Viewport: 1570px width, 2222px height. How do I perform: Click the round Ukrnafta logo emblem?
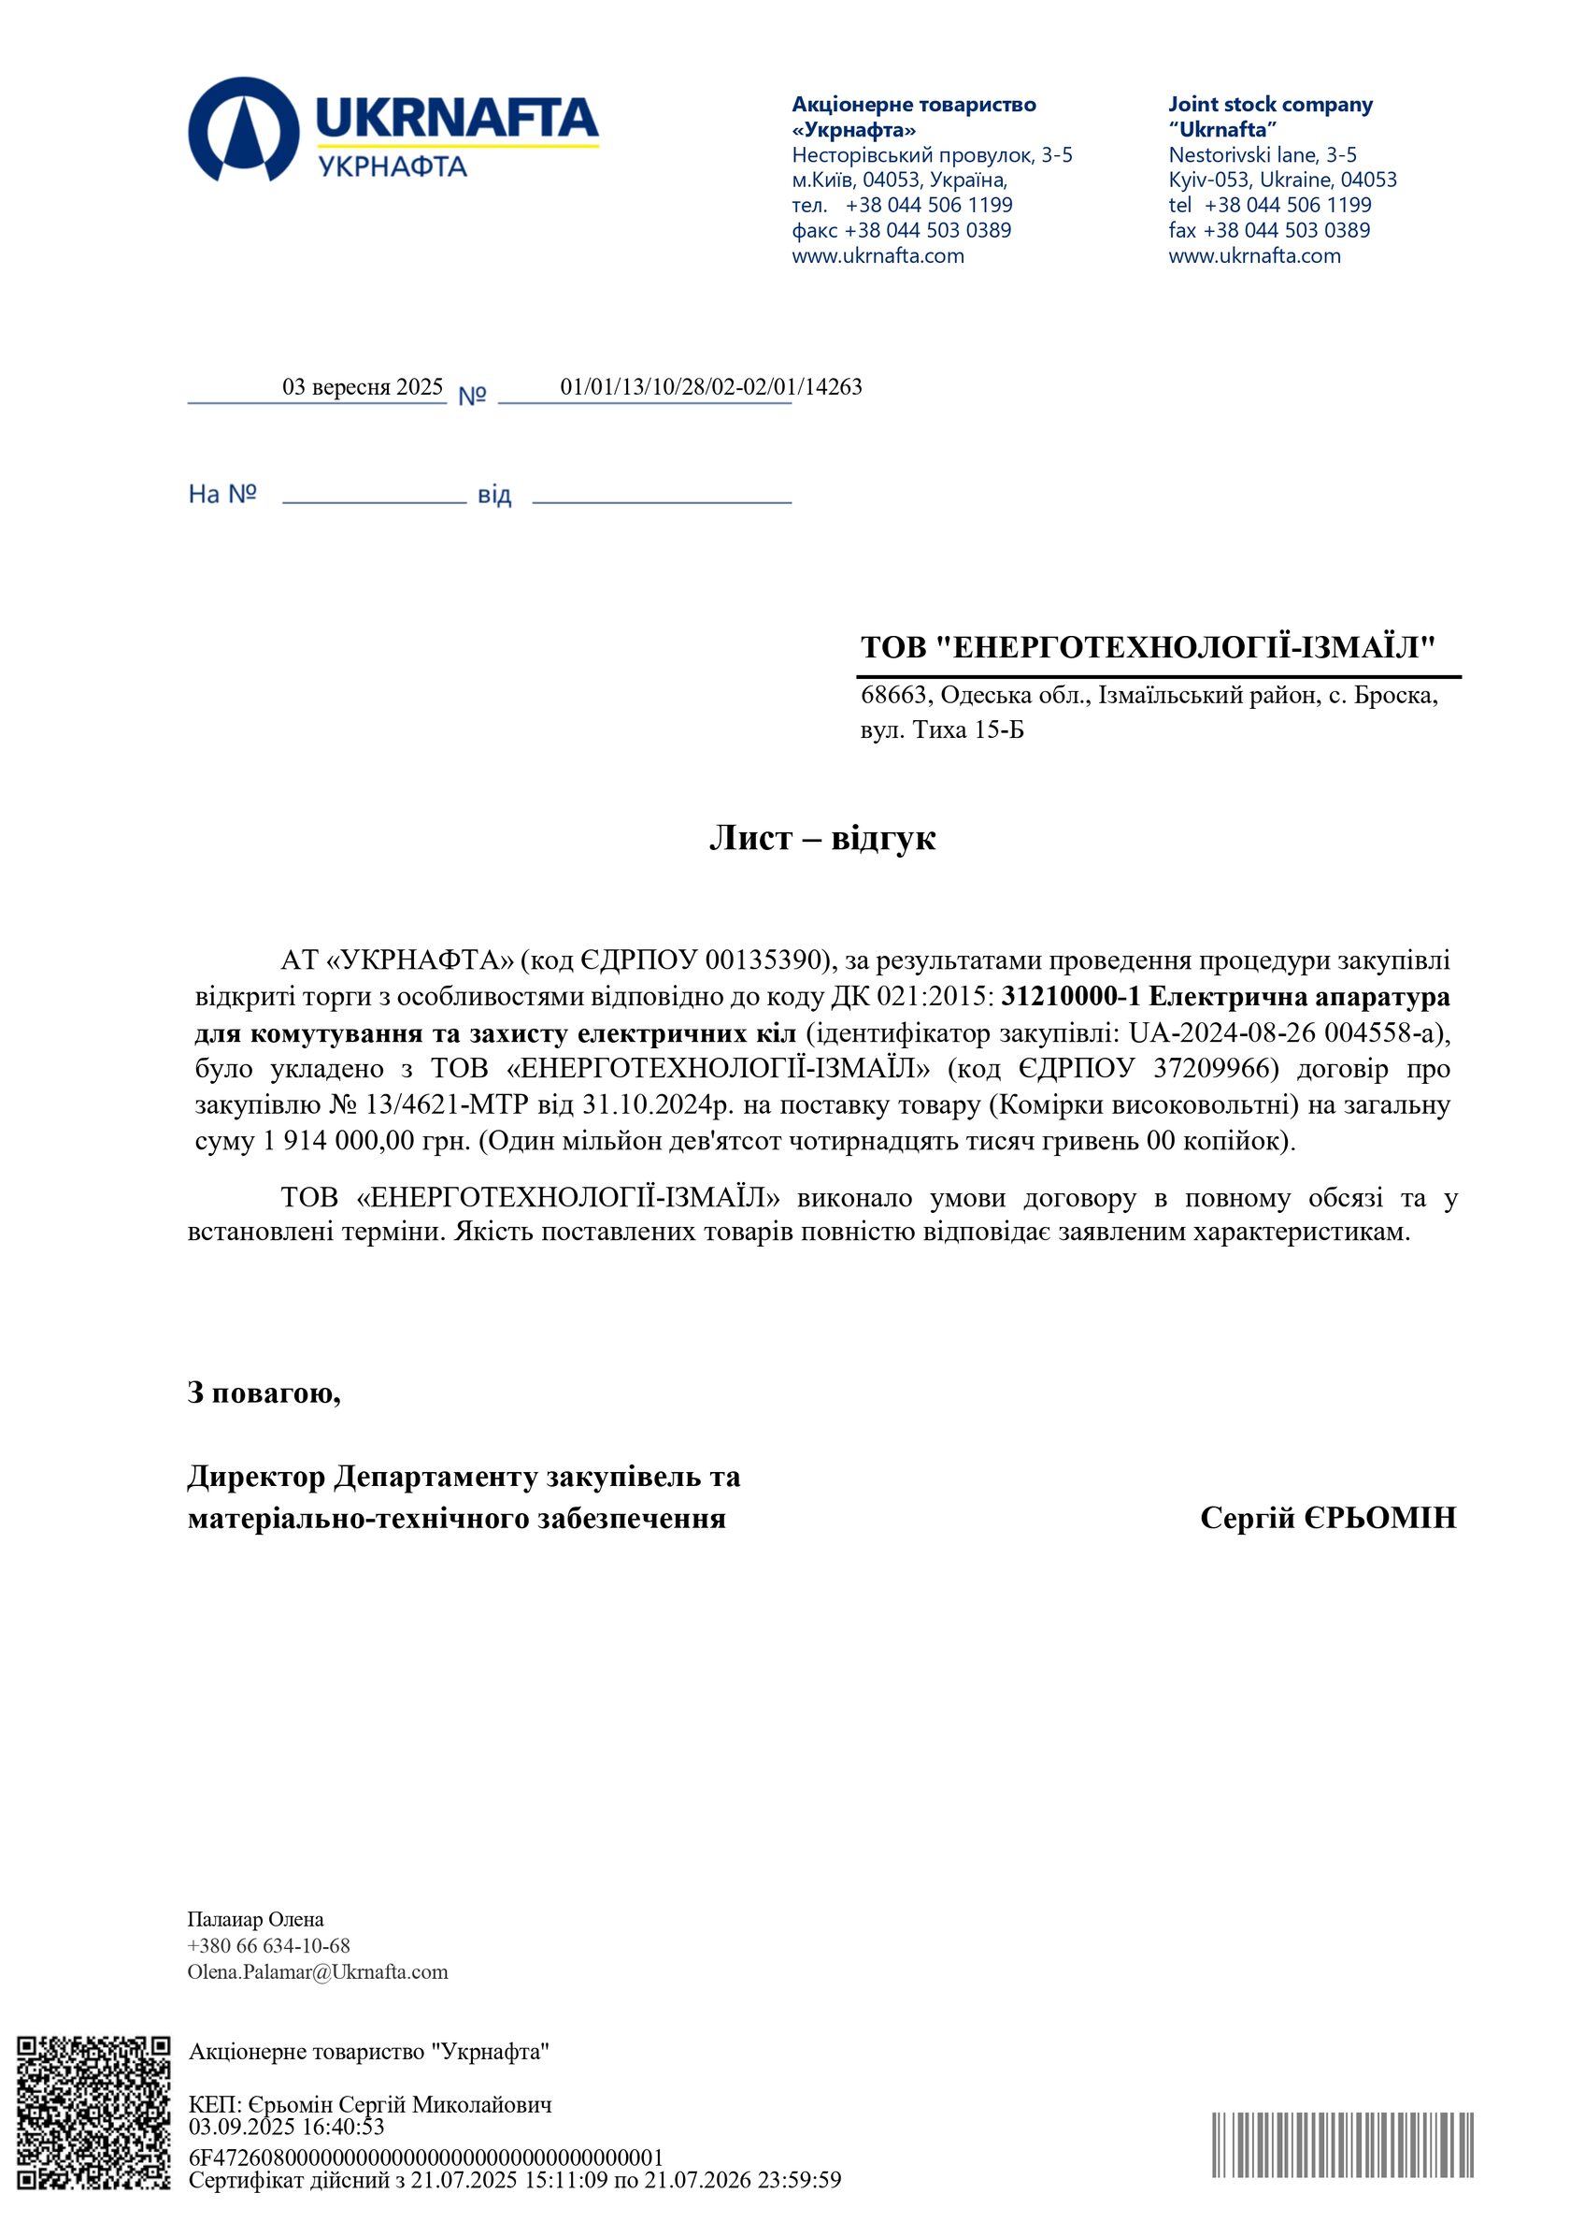[244, 130]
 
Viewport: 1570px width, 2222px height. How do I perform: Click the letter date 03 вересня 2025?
[362, 387]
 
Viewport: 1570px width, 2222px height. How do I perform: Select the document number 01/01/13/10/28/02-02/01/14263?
[710, 387]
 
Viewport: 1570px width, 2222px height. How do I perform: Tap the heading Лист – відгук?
[822, 838]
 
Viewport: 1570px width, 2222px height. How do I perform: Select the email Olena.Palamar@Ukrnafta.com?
[318, 1971]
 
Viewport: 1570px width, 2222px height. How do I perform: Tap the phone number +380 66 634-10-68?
[268, 1945]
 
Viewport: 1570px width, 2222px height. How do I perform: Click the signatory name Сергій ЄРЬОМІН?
[1327, 1518]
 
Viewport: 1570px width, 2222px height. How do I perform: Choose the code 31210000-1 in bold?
[1070, 996]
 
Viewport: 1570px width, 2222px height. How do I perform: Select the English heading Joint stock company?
[1269, 105]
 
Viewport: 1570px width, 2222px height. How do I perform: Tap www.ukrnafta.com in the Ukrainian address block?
[878, 255]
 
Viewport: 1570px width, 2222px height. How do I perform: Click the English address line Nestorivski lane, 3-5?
[1262, 155]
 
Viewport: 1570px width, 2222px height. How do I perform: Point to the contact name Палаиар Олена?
[255, 1919]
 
